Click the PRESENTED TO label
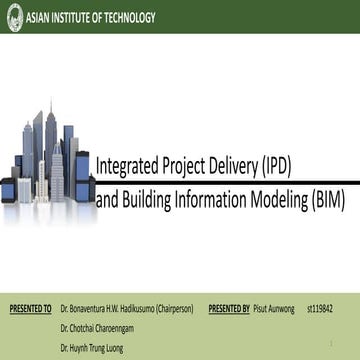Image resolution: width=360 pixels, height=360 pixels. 30,299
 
